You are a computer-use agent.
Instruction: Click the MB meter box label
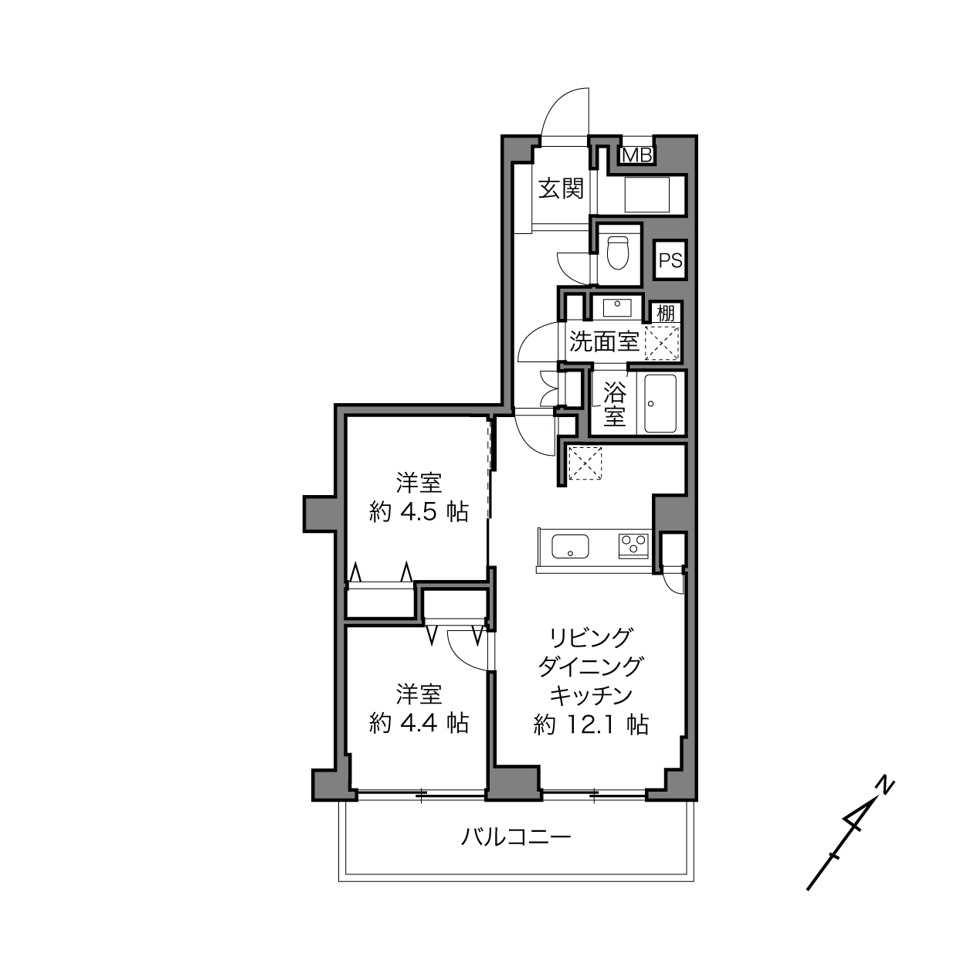tap(637, 155)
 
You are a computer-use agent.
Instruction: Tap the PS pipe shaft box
tap(670, 260)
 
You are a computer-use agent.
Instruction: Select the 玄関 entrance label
tap(561, 189)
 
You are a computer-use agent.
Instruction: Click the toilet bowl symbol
tap(618, 253)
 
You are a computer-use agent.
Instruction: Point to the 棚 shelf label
tap(666, 313)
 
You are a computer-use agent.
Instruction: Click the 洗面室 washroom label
tap(604, 341)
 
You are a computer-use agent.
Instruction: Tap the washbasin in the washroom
tap(616, 307)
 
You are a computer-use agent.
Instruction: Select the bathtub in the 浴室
tap(660, 403)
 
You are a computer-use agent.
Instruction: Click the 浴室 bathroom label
tap(615, 405)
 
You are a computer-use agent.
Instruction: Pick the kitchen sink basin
tap(570, 547)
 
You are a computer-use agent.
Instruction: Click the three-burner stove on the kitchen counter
tap(634, 546)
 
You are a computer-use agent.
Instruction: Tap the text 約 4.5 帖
tap(419, 512)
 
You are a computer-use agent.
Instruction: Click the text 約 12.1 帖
tap(591, 724)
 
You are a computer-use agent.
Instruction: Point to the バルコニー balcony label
tap(516, 837)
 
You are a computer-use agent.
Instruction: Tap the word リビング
tap(591, 638)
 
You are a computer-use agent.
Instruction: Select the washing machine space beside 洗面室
tap(661, 343)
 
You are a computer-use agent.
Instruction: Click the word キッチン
tap(591, 696)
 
